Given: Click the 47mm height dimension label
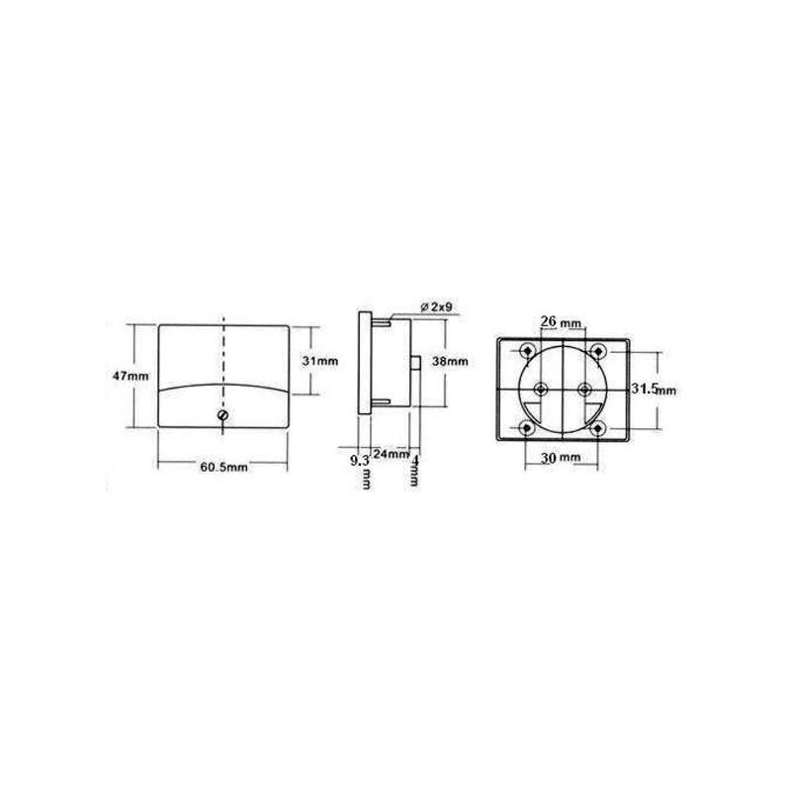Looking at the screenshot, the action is pyautogui.click(x=131, y=376).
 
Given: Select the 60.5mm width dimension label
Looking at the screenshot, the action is pyautogui.click(x=224, y=467).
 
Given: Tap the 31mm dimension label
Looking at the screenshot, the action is pyautogui.click(x=319, y=361).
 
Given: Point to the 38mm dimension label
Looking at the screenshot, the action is pyautogui.click(x=450, y=361).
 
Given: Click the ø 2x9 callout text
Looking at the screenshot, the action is pyautogui.click(x=436, y=308).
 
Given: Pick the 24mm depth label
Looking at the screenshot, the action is pyautogui.click(x=391, y=454).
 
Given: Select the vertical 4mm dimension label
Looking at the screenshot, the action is pyautogui.click(x=414, y=471).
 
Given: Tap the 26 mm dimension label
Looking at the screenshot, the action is pyautogui.click(x=561, y=321).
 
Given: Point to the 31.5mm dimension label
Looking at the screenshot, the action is pyautogui.click(x=654, y=389).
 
